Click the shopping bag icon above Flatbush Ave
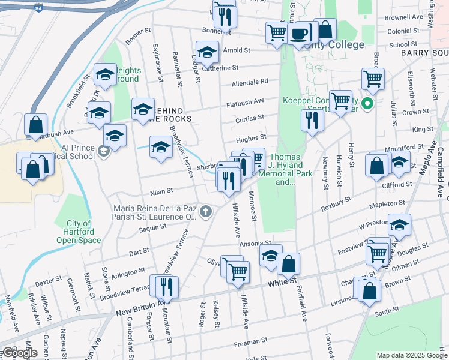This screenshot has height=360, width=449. click(36, 125)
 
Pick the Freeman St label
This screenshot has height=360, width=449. click(250, 342)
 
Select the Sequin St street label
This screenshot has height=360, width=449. click(152, 227)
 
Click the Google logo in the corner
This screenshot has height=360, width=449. click(20, 353)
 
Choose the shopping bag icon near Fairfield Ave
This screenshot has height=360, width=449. click(288, 263)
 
